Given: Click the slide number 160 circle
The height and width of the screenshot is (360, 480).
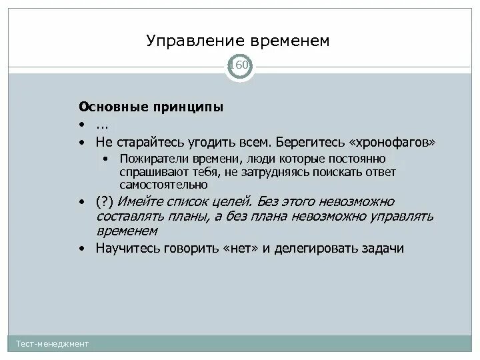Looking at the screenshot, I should click(239, 65).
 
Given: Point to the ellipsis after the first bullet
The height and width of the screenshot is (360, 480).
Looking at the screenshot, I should click(102, 125).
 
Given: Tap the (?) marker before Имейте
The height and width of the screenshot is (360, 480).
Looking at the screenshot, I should click(105, 201).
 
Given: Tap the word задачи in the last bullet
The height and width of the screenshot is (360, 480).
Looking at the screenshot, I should click(384, 249).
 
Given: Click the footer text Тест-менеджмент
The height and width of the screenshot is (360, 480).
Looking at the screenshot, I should click(53, 343).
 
